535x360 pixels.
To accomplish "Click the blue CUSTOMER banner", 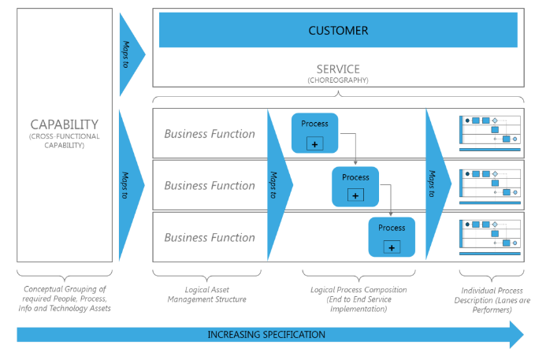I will (338, 31).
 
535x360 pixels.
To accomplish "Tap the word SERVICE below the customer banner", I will (338, 69).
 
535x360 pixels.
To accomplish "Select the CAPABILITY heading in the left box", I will (64, 124).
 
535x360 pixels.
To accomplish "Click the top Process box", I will (314, 133).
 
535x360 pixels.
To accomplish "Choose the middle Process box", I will (355, 186).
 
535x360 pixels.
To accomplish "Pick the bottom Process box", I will (392, 236).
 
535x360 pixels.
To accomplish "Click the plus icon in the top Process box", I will (314, 143).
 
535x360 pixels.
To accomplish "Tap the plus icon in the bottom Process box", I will (392, 247).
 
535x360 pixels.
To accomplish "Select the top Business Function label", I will (210, 134).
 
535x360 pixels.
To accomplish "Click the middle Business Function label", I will (210, 186).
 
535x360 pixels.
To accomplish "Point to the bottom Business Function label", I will (210, 238).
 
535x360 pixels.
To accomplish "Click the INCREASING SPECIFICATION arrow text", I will (266, 334).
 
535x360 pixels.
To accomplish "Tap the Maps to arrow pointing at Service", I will (130, 54).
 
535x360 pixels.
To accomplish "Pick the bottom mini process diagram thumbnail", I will (490, 236).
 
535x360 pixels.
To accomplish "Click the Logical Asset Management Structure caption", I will (207, 295).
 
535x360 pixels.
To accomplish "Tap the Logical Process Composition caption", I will (359, 299).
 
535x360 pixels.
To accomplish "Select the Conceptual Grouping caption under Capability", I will (64, 299).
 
